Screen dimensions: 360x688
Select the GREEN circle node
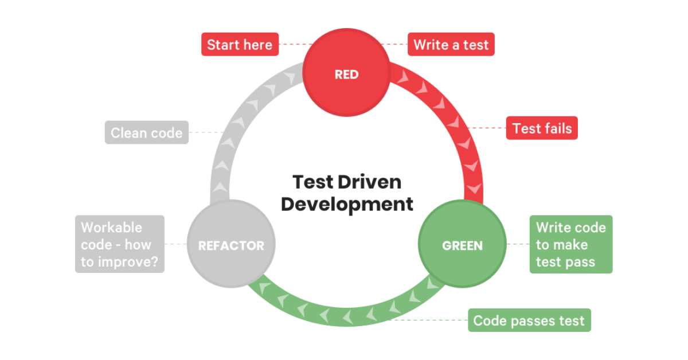pyautogui.click(x=462, y=245)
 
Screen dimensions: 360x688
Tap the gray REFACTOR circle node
pyautogui.click(x=231, y=245)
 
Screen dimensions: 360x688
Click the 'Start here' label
pyautogui.click(x=240, y=45)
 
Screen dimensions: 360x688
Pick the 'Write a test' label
pyautogui.click(x=451, y=45)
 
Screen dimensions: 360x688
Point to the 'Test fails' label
pyautogui.click(x=542, y=128)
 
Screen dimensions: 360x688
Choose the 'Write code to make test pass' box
pyautogui.click(x=570, y=244)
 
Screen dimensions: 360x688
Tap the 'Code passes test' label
pyautogui.click(x=529, y=320)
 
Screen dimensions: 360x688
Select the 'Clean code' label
pyautogui.click(x=146, y=133)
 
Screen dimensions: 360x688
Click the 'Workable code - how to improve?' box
pyautogui.click(x=119, y=244)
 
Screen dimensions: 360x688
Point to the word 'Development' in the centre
pyautogui.click(x=347, y=204)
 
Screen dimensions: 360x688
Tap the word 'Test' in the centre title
pyautogui.click(x=312, y=182)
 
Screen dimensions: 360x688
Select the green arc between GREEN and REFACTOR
pyautogui.click(x=344, y=315)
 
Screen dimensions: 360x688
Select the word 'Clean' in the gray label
pyautogui.click(x=129, y=133)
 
